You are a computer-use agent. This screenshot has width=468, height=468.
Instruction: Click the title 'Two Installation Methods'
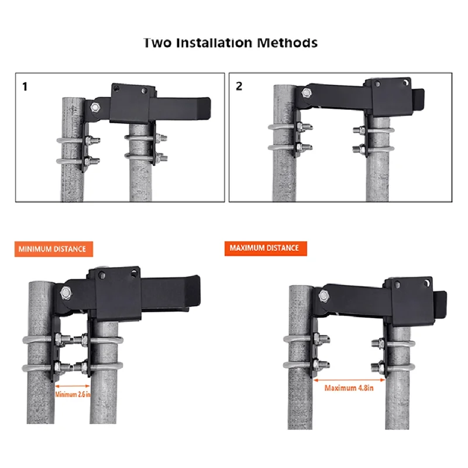click(x=230, y=43)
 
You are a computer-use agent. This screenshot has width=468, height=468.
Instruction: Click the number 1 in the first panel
click(x=25, y=87)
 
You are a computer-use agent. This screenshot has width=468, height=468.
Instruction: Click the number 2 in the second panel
click(x=239, y=87)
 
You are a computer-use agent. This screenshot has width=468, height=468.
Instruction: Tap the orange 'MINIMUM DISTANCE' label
click(x=52, y=249)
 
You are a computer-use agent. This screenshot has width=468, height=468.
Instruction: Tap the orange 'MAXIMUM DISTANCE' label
click(x=264, y=248)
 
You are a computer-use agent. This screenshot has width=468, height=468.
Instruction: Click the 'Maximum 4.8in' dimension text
click(x=349, y=388)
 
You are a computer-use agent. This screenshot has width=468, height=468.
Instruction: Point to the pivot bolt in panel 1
click(x=95, y=107)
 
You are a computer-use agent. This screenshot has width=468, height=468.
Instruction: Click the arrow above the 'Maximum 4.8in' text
click(x=349, y=378)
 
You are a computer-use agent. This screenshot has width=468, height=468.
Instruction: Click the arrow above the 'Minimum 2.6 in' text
click(x=73, y=386)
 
